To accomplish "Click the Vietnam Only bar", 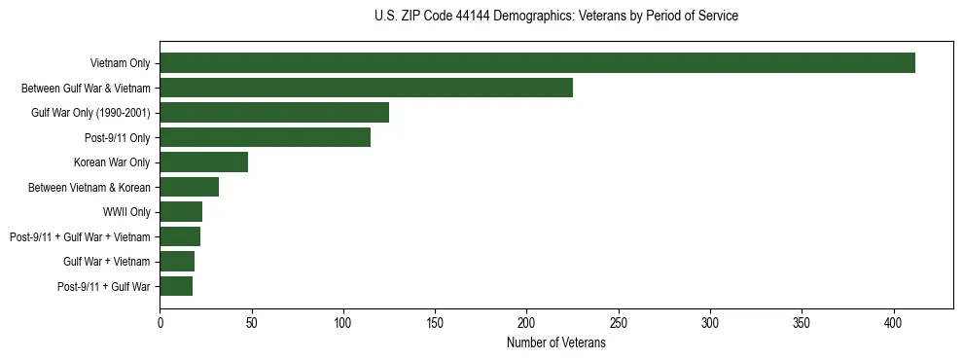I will [537, 63].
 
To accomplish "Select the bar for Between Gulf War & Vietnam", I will [366, 88].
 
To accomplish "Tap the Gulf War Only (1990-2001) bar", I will [274, 113].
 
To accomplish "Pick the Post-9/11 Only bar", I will [265, 137].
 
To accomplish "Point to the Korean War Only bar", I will [203, 162].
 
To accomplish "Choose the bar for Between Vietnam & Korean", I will [189, 187].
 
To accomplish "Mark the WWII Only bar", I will [181, 212].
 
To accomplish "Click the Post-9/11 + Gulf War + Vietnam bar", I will [180, 236].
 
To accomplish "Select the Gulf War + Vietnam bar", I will [177, 262].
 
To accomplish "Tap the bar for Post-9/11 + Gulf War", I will [176, 286].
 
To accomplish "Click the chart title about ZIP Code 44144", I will [555, 16].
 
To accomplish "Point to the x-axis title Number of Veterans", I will [555, 343].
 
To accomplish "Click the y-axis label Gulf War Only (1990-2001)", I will [90, 113].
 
